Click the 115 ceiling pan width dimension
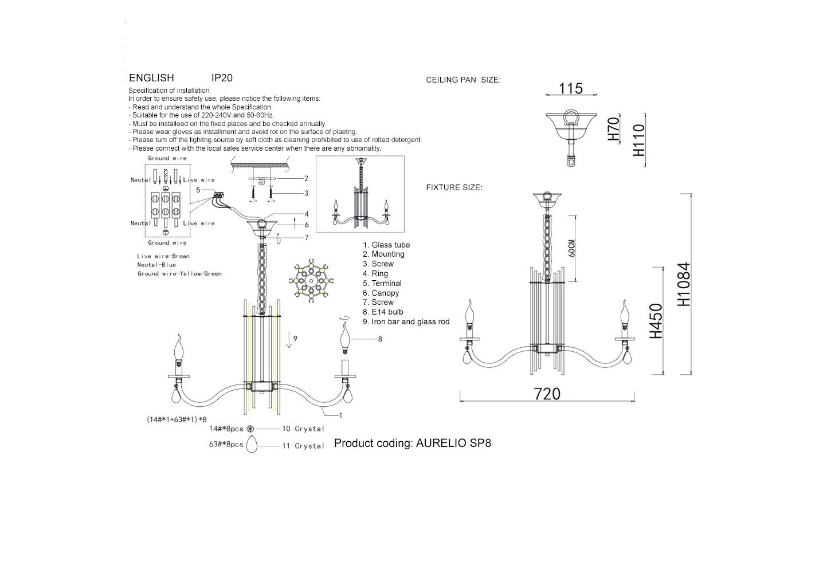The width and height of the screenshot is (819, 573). [x=571, y=89]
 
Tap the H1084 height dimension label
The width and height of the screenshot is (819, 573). [x=684, y=284]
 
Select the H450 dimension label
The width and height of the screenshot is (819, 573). [x=656, y=321]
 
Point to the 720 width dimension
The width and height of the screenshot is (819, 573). [x=547, y=394]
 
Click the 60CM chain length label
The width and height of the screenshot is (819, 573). [x=572, y=249]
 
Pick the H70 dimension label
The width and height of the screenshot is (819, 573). [x=614, y=129]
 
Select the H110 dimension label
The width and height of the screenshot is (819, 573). [x=639, y=140]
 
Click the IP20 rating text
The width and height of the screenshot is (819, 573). [x=222, y=78]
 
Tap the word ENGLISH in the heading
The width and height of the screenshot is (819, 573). [x=151, y=78]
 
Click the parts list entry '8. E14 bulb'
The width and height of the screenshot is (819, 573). [x=383, y=312]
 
